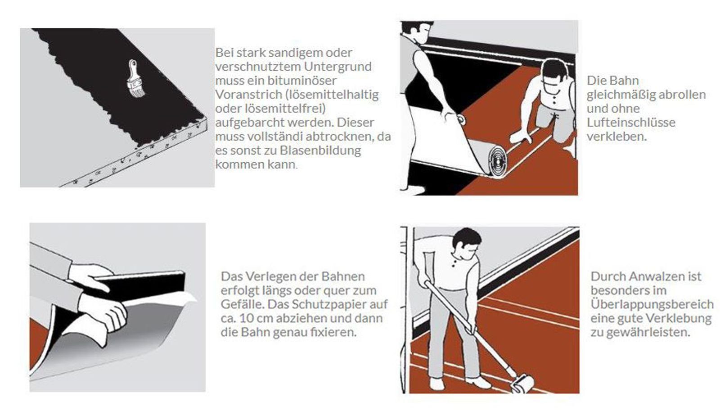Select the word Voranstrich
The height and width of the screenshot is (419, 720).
click(x=243, y=95)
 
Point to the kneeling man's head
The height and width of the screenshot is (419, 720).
click(x=554, y=74)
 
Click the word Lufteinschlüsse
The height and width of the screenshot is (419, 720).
click(x=630, y=122)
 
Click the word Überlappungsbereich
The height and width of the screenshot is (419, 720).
click(x=652, y=304)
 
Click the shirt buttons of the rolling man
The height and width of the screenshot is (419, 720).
click(x=455, y=262)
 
